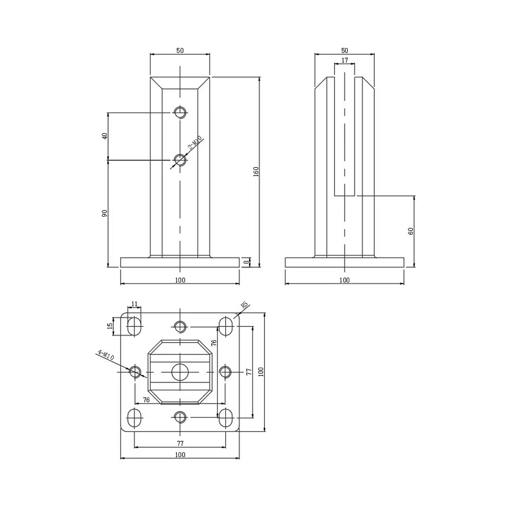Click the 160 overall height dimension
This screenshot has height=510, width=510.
[256, 171]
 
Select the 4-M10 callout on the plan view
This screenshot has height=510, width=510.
[106, 355]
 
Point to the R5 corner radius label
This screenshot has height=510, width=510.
[244, 305]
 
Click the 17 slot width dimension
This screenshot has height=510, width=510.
[345, 60]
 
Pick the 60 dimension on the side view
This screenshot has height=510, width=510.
[411, 231]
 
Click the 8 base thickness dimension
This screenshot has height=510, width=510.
[247, 262]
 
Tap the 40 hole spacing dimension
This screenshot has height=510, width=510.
[105, 136]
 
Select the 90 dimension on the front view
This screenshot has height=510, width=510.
[105, 213]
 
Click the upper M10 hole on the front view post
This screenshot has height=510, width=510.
[180, 113]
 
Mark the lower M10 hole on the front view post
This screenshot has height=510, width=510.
[180, 160]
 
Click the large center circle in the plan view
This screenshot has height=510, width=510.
[180, 372]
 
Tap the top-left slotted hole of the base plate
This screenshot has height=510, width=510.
[134, 326]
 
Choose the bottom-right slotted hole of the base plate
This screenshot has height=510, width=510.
[226, 418]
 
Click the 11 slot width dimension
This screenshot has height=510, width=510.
[134, 304]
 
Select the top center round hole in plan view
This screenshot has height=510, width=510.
[180, 326]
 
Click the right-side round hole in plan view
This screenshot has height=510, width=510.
[225, 372]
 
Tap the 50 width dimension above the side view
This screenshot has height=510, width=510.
[345, 50]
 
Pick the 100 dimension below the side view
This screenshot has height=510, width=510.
[344, 280]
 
